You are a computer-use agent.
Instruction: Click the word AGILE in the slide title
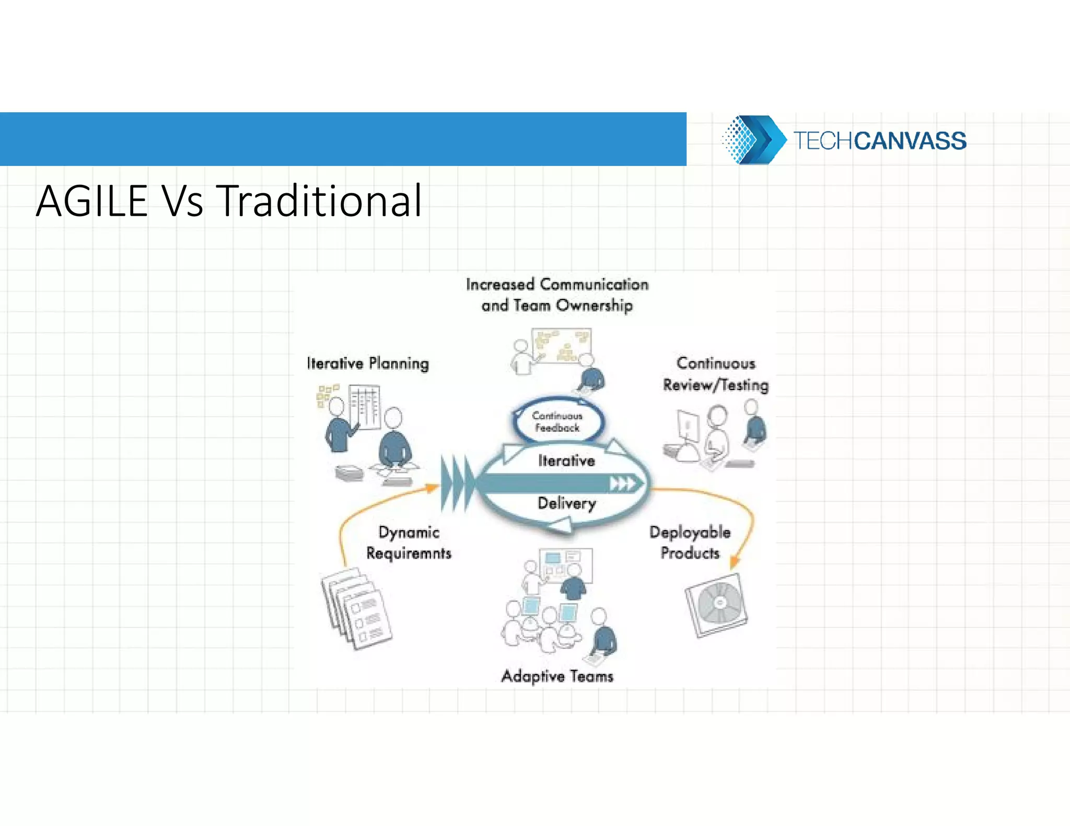click(92, 201)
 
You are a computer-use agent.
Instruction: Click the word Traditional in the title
click(319, 201)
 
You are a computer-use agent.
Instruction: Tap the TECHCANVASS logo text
click(880, 141)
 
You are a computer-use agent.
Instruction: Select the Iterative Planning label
click(368, 363)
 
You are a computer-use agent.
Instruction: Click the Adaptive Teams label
click(557, 676)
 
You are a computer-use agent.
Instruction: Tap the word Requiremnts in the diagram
click(409, 553)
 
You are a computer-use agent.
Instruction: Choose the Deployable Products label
click(690, 542)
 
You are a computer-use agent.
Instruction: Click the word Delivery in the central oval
click(567, 503)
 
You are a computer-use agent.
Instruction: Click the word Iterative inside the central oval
click(567, 461)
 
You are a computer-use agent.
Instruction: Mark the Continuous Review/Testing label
click(716, 374)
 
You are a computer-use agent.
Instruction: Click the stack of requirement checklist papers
click(356, 609)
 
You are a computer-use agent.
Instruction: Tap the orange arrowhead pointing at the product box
click(734, 562)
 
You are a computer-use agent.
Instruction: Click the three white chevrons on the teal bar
click(623, 484)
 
